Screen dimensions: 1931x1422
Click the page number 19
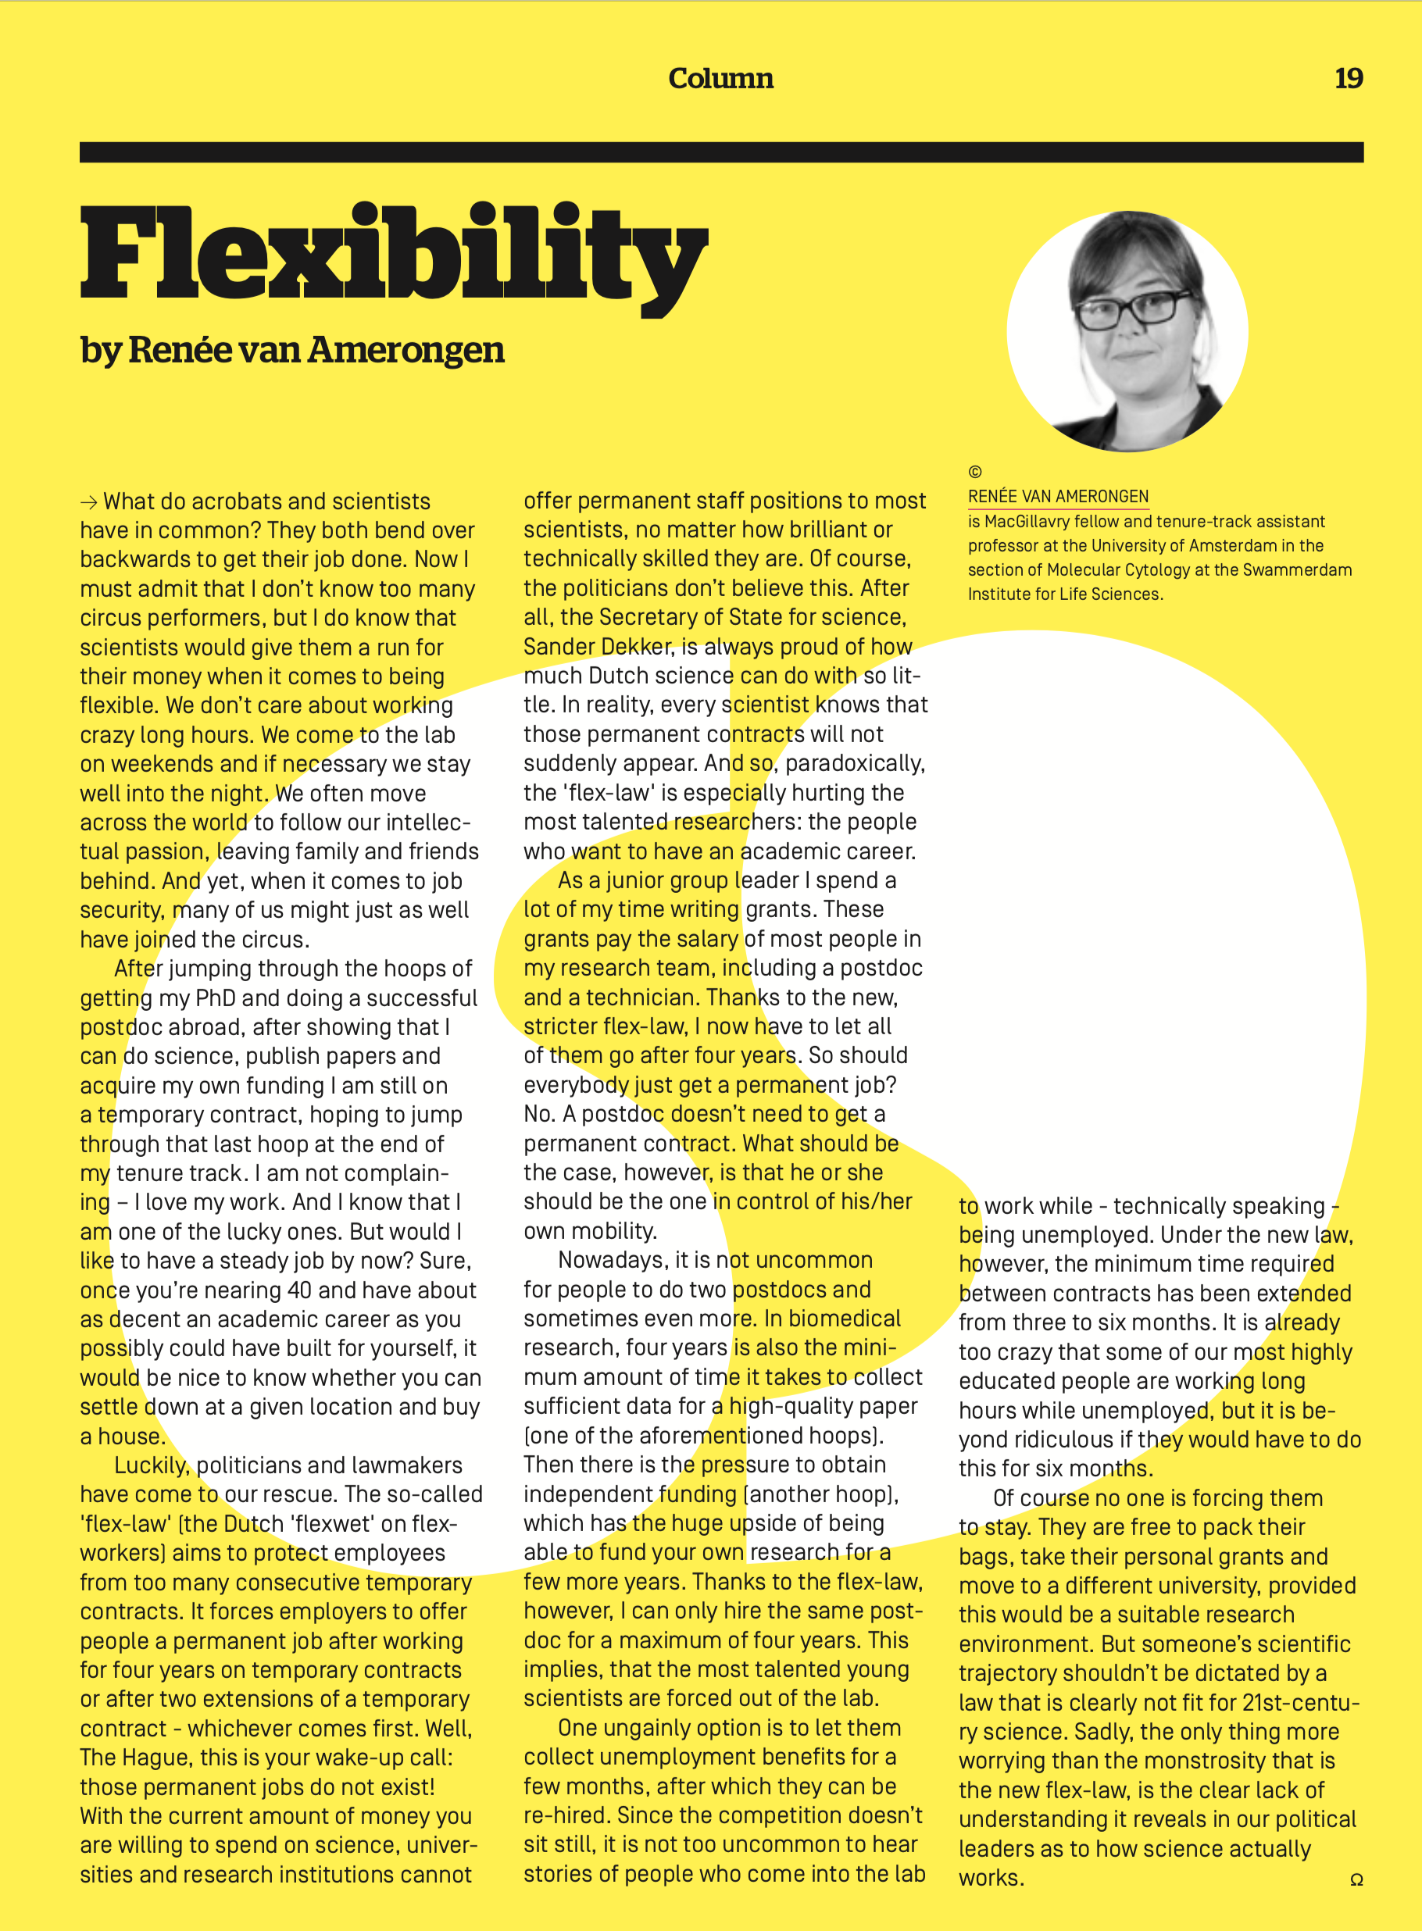pyautogui.click(x=1348, y=78)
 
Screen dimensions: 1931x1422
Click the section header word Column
pyautogui.click(x=720, y=78)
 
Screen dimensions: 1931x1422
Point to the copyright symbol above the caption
pyautogui.click(x=974, y=472)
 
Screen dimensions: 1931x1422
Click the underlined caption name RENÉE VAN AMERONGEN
pyautogui.click(x=1058, y=497)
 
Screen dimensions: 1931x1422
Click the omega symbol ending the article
pyautogui.click(x=1356, y=1880)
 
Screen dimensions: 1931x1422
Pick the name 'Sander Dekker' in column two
pyautogui.click(x=598, y=646)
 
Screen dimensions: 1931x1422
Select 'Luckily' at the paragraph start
pyautogui.click(x=151, y=1465)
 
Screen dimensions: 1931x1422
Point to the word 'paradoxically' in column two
pyautogui.click(x=855, y=763)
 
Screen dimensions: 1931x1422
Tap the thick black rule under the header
pyautogui.click(x=720, y=152)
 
